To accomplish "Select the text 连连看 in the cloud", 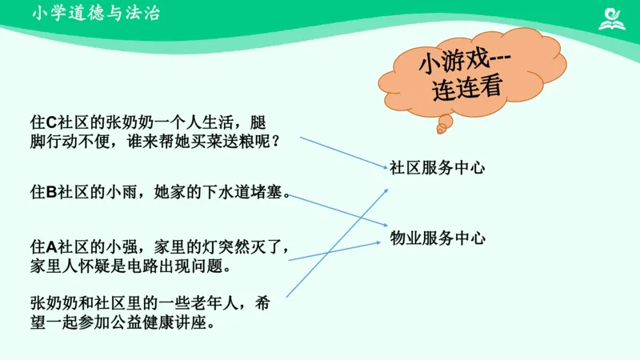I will point(466,87).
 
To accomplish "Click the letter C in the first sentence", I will point(50,122).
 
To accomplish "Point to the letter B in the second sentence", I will point(50,192).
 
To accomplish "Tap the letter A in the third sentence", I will point(50,245).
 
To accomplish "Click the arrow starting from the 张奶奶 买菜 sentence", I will point(344,152).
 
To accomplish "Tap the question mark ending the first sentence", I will point(275,142).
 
